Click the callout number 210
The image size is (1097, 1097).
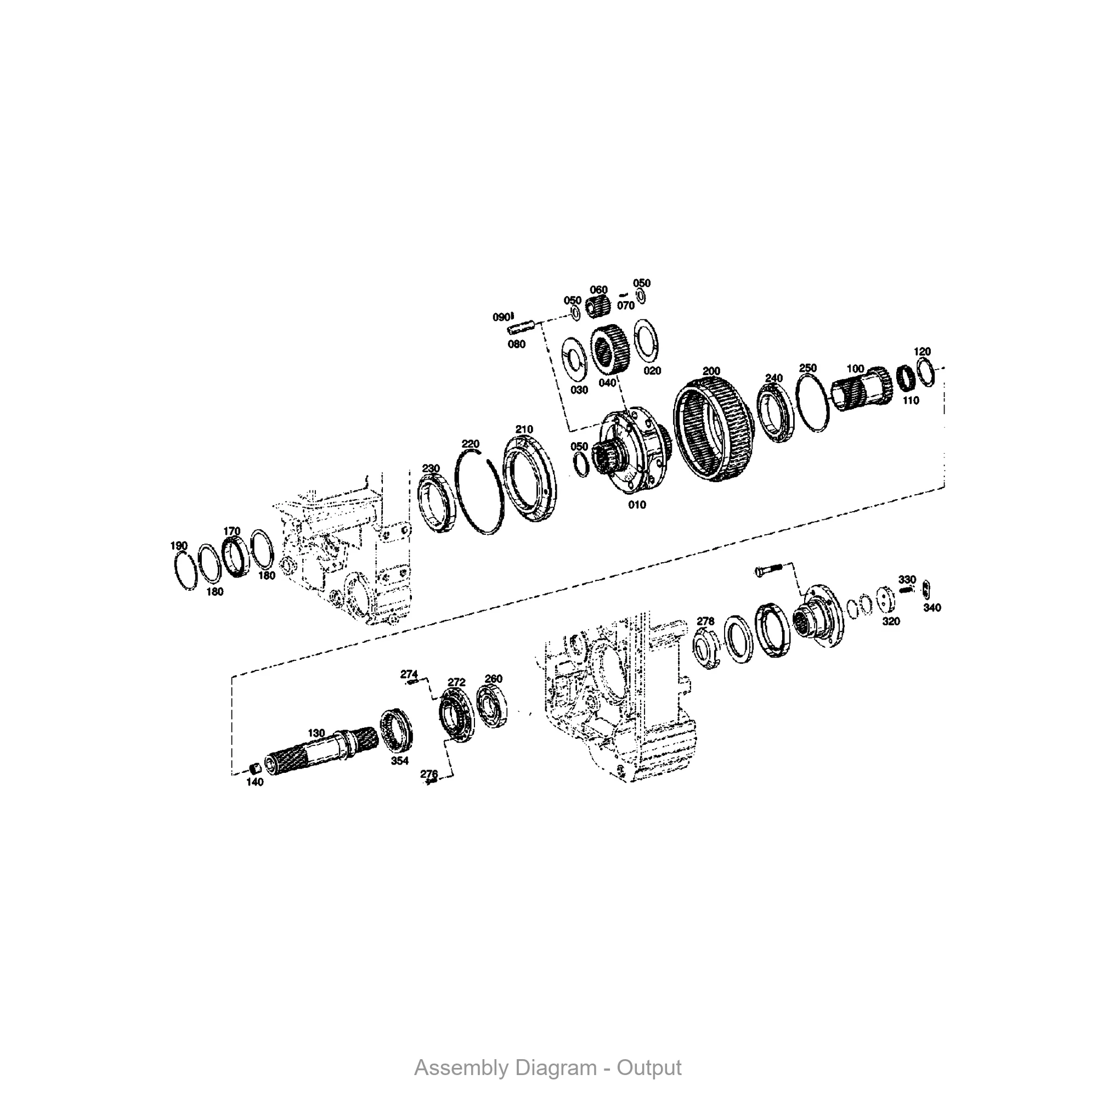tap(524, 429)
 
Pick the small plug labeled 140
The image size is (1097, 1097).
tap(256, 769)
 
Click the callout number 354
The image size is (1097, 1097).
tap(400, 761)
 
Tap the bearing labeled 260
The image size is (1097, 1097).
tap(491, 705)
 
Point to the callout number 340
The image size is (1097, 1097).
tap(932, 608)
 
